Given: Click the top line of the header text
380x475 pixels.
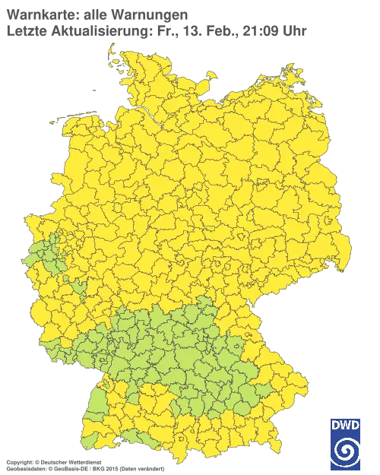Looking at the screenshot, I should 95,14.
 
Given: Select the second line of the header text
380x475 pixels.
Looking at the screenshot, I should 156,30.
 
